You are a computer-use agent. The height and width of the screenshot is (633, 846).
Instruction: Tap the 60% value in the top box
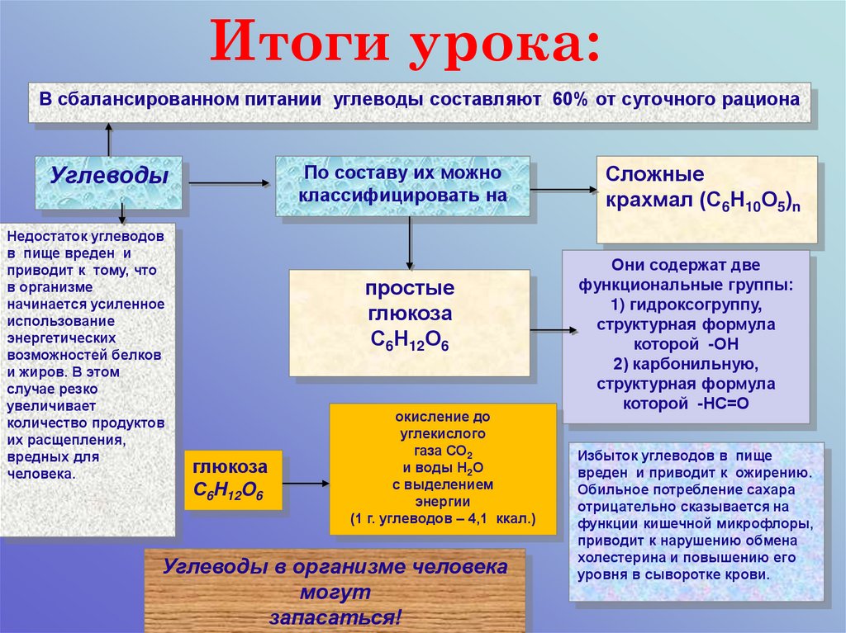tap(568, 99)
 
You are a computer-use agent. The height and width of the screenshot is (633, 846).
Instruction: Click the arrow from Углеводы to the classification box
tap(232, 183)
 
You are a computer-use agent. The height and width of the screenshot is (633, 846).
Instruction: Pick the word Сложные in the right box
tap(655, 175)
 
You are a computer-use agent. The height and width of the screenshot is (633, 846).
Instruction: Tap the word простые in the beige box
tap(410, 290)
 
